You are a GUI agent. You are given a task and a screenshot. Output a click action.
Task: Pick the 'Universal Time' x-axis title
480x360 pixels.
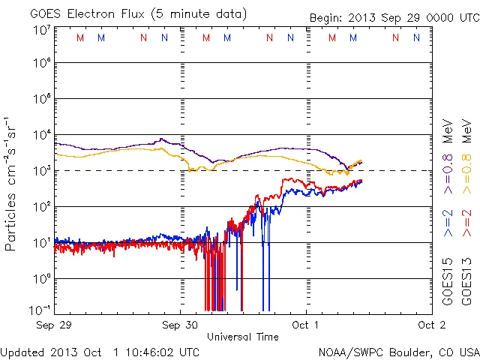243,337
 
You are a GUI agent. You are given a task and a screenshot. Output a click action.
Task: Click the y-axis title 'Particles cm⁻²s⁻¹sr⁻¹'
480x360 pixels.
11,184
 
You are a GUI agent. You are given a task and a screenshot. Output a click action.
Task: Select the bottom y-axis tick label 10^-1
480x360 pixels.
40,310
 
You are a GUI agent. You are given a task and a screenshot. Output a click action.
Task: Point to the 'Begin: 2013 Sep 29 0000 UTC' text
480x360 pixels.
394,17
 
